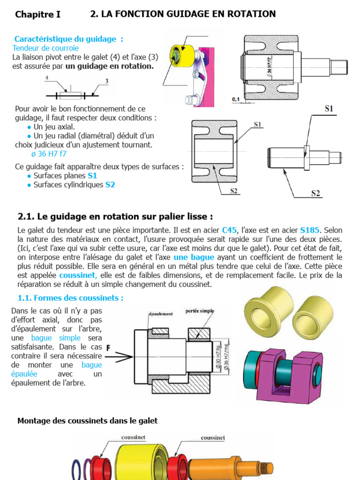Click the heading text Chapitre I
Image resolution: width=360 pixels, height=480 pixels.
pos(37,15)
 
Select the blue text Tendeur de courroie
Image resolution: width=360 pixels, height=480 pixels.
pos(45,48)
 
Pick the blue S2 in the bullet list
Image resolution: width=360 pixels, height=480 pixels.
pos(110,185)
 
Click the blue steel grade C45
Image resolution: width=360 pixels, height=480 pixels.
pos(230,230)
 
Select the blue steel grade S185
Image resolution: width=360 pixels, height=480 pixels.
pos(309,230)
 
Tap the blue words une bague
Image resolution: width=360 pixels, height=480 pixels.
pos(194,257)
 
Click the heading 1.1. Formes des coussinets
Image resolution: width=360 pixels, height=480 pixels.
pos(70,298)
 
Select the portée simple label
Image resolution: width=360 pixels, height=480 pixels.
pos(200,311)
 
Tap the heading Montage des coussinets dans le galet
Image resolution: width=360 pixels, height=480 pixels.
pos(88,421)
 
